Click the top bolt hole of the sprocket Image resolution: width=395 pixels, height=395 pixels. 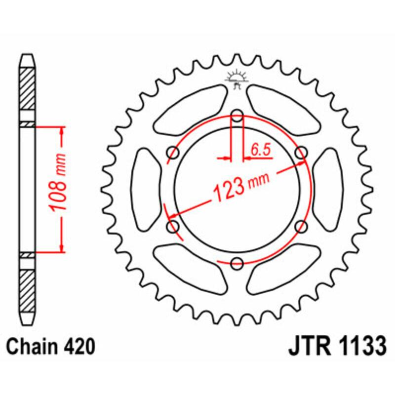click(237, 117)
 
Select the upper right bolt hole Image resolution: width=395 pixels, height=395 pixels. click(300, 154)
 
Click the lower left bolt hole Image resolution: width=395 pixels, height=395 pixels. click(174, 227)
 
